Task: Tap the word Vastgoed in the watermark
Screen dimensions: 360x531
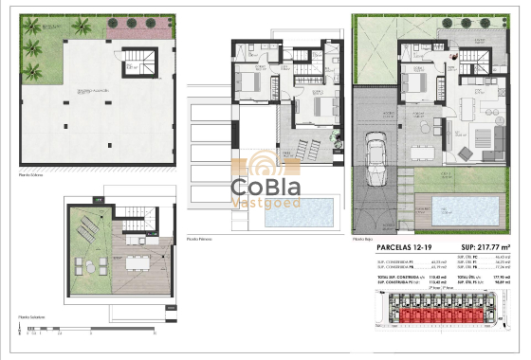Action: (265, 204)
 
